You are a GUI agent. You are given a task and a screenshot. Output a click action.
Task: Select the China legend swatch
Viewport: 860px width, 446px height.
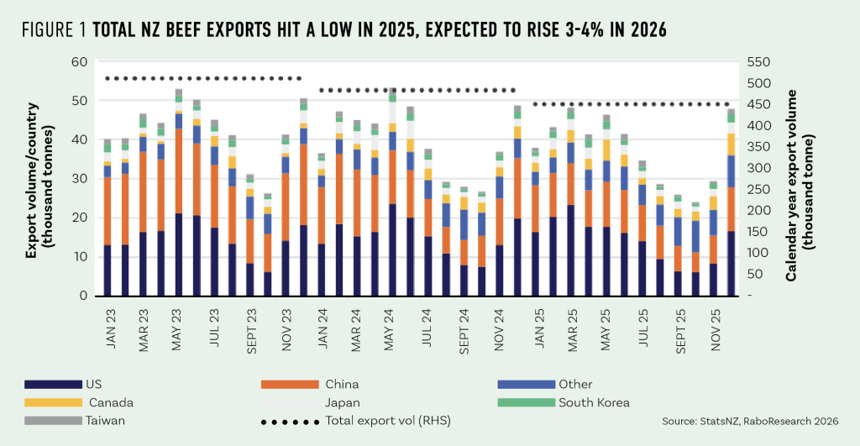[x=289, y=384]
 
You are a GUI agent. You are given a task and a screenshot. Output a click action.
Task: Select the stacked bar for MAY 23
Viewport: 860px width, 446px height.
[x=179, y=192]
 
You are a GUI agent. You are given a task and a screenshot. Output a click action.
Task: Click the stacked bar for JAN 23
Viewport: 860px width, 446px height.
[x=107, y=218]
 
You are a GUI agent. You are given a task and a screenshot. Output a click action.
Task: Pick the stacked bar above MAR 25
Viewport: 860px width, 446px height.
[x=570, y=202]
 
